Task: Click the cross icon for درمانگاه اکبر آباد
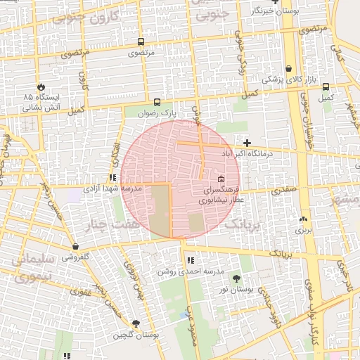coord(247,143)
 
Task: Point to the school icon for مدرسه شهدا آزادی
coord(112,178)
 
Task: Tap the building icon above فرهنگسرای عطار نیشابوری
coord(221,179)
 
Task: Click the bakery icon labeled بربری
coord(303,219)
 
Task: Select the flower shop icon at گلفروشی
coord(75,247)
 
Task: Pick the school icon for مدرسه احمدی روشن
coord(191,261)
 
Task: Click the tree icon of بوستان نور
coord(235,279)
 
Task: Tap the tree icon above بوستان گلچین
coord(136,324)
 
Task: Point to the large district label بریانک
coord(244,224)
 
